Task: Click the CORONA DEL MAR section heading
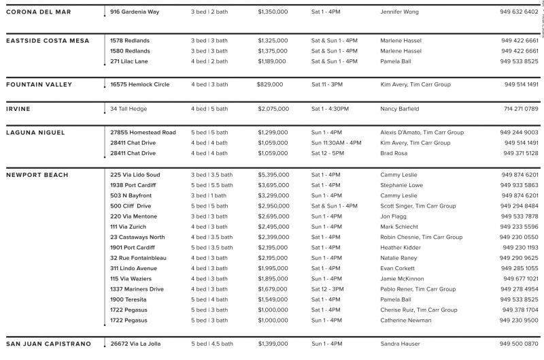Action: (38, 12)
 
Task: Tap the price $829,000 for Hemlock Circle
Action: (271, 85)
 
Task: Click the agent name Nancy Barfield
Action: (400, 109)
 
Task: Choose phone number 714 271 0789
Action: (521, 109)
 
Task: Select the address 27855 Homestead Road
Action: (143, 133)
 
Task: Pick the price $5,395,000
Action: (273, 175)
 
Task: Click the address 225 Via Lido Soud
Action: (135, 175)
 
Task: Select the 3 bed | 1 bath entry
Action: (209, 196)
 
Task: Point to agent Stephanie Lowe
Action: (401, 185)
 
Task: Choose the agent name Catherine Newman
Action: (406, 321)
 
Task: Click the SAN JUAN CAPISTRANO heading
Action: (48, 344)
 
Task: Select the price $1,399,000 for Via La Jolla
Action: (273, 344)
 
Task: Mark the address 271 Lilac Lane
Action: (129, 61)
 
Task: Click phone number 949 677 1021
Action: (521, 279)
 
